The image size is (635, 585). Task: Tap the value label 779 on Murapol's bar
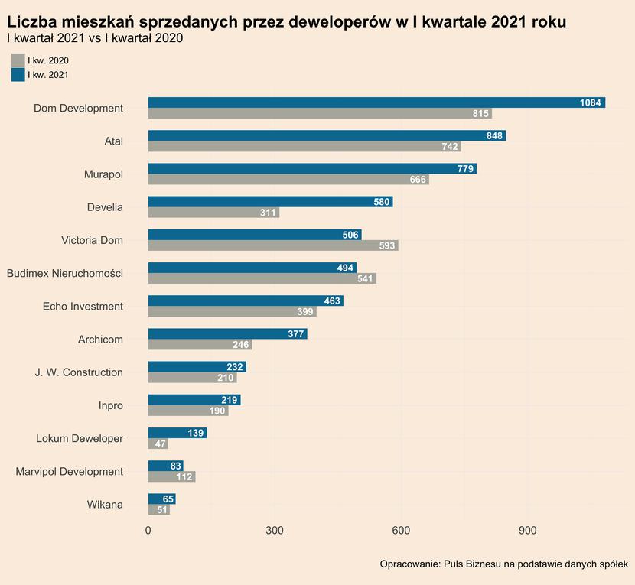[465, 169]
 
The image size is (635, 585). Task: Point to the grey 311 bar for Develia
[213, 213]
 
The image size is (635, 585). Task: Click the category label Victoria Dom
[92, 240]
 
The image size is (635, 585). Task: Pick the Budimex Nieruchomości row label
[65, 273]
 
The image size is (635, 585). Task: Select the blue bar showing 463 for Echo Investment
[246, 301]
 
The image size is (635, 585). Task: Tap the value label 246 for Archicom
[241, 345]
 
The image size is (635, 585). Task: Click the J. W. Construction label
[79, 372]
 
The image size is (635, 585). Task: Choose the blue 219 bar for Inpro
[194, 400]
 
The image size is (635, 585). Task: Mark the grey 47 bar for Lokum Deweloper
[158, 444]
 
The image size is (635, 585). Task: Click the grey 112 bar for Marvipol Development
[171, 477]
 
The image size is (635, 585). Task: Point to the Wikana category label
[104, 505]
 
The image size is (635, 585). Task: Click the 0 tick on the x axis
[148, 530]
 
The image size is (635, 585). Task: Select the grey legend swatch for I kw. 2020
[18, 60]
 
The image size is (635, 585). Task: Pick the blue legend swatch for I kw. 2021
[18, 75]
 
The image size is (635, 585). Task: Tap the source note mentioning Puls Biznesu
[503, 564]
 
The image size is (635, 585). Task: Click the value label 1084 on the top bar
[590, 102]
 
